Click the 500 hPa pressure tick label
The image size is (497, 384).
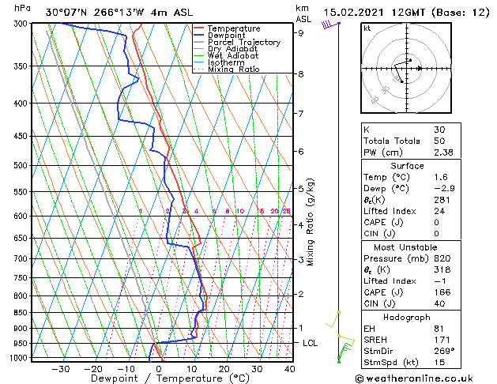(x=22, y=166)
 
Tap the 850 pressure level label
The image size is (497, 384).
(x=22, y=313)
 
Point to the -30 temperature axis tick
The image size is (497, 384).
(x=61, y=368)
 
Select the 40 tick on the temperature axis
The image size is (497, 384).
(x=289, y=368)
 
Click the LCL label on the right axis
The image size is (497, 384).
(x=311, y=343)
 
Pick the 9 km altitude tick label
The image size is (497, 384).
(x=301, y=33)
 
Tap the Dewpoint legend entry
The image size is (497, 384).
(x=234, y=36)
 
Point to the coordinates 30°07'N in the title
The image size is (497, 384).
(x=66, y=13)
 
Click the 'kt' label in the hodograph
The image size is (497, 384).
(x=367, y=28)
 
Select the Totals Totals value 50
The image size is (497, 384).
(x=440, y=141)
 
